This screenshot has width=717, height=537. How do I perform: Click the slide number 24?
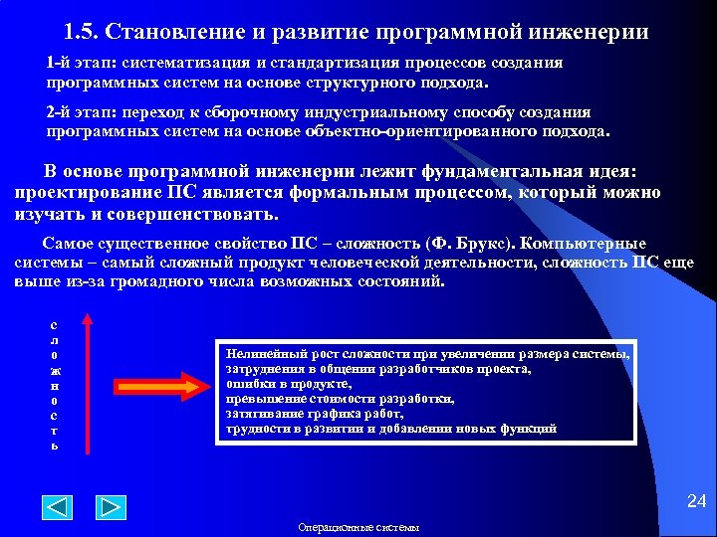(696, 502)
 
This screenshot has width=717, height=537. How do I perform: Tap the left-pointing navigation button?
(58, 507)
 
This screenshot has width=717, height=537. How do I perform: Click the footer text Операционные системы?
(358, 527)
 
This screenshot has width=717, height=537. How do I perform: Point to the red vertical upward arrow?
(88, 383)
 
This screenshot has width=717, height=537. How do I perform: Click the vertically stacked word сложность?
(54, 384)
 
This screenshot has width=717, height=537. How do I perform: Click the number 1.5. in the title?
(85, 32)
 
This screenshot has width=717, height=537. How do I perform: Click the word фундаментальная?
(473, 171)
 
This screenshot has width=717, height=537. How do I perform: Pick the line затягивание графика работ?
(314, 413)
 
